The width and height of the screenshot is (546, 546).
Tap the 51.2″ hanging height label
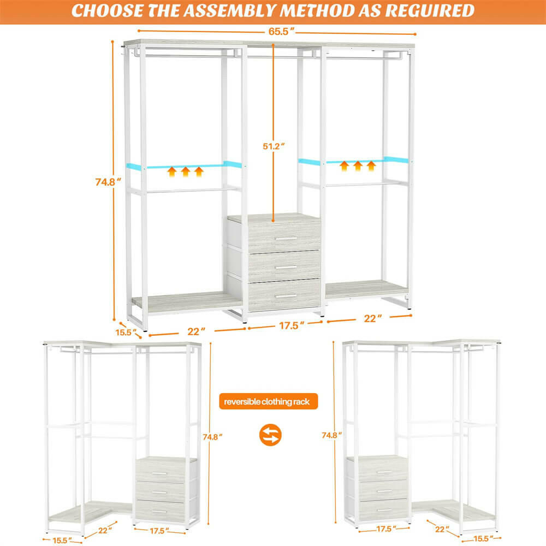click(273, 147)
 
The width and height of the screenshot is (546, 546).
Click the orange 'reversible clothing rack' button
click(267, 402)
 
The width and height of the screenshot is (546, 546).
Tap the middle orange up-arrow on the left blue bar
click(185, 173)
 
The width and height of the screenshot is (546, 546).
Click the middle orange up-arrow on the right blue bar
click(358, 165)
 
